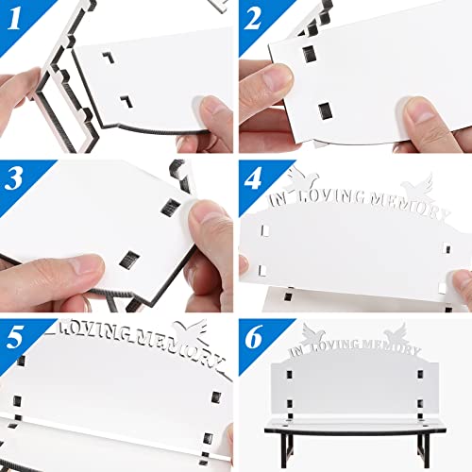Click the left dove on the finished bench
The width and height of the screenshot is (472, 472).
[x=318, y=331]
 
